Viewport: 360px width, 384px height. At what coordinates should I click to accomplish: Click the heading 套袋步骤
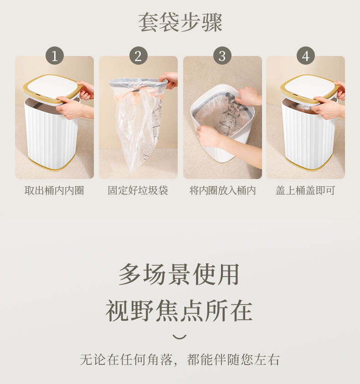pos(180,22)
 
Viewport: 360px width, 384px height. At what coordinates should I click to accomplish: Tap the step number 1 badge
pos(55,56)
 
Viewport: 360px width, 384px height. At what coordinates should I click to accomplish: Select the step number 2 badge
pos(138,56)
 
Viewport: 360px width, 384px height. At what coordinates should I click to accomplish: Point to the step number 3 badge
pos(222,56)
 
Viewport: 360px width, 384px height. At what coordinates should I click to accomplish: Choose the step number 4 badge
pos(306,56)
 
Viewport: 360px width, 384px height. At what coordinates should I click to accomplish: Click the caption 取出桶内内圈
pos(54,190)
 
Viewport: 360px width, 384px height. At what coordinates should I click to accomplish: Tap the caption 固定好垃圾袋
pos(138,190)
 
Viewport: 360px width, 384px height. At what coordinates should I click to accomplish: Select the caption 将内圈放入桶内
pos(222,190)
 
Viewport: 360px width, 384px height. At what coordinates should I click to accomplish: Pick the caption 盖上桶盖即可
pos(305,190)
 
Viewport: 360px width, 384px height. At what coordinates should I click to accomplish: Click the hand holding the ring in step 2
pos(169,80)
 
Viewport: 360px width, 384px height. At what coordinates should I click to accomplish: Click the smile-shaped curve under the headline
pos(180,337)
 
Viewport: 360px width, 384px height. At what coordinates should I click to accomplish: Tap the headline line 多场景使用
pos(179,275)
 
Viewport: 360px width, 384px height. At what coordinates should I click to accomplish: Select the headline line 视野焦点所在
pos(179,311)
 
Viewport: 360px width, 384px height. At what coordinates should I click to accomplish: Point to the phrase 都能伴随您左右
pos(233,359)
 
